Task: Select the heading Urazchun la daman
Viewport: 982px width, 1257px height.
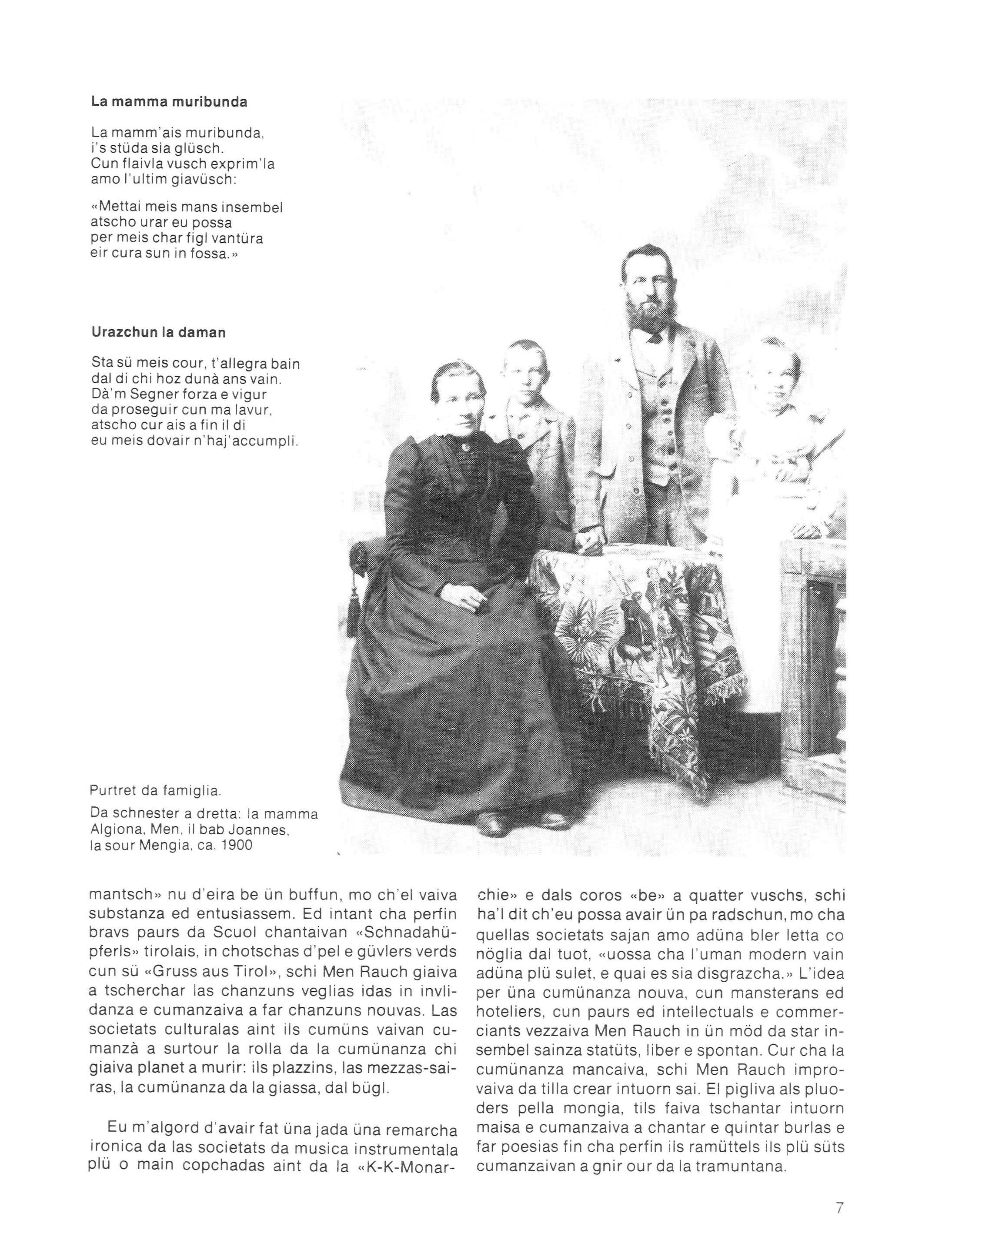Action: pos(158,332)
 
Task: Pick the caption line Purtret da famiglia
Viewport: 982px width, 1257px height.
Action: pos(147,791)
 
